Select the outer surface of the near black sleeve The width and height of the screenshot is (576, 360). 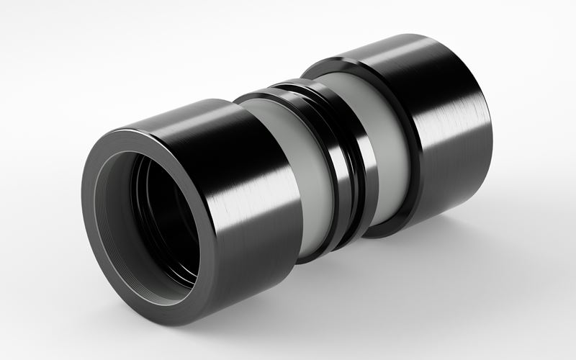point(238,216)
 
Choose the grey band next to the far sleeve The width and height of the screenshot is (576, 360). point(392,144)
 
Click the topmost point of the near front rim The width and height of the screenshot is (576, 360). point(137,130)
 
